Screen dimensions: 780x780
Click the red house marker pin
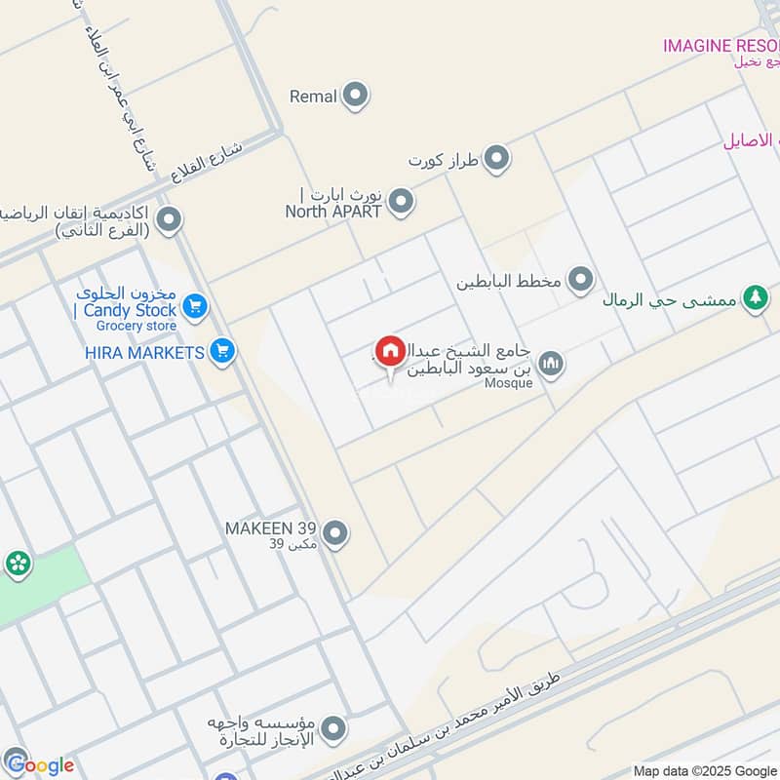click(x=390, y=351)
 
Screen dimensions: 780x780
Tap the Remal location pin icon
click(x=356, y=96)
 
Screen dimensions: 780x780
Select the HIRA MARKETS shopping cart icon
click(x=222, y=351)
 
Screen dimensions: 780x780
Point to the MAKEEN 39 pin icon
click(x=335, y=533)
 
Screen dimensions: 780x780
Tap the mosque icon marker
click(x=551, y=364)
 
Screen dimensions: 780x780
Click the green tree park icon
click(x=754, y=299)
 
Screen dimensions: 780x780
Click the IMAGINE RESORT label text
click(x=721, y=45)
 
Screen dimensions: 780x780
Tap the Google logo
click(x=39, y=764)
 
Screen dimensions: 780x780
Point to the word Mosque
click(x=509, y=383)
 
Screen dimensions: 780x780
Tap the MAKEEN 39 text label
click(x=272, y=528)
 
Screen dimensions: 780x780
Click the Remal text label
click(x=313, y=97)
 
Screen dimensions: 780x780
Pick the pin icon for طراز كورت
click(x=497, y=158)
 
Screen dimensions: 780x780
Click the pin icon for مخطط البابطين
click(x=581, y=281)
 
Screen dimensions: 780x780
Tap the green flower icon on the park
click(x=17, y=563)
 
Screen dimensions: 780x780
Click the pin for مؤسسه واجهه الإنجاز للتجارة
click(x=334, y=728)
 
